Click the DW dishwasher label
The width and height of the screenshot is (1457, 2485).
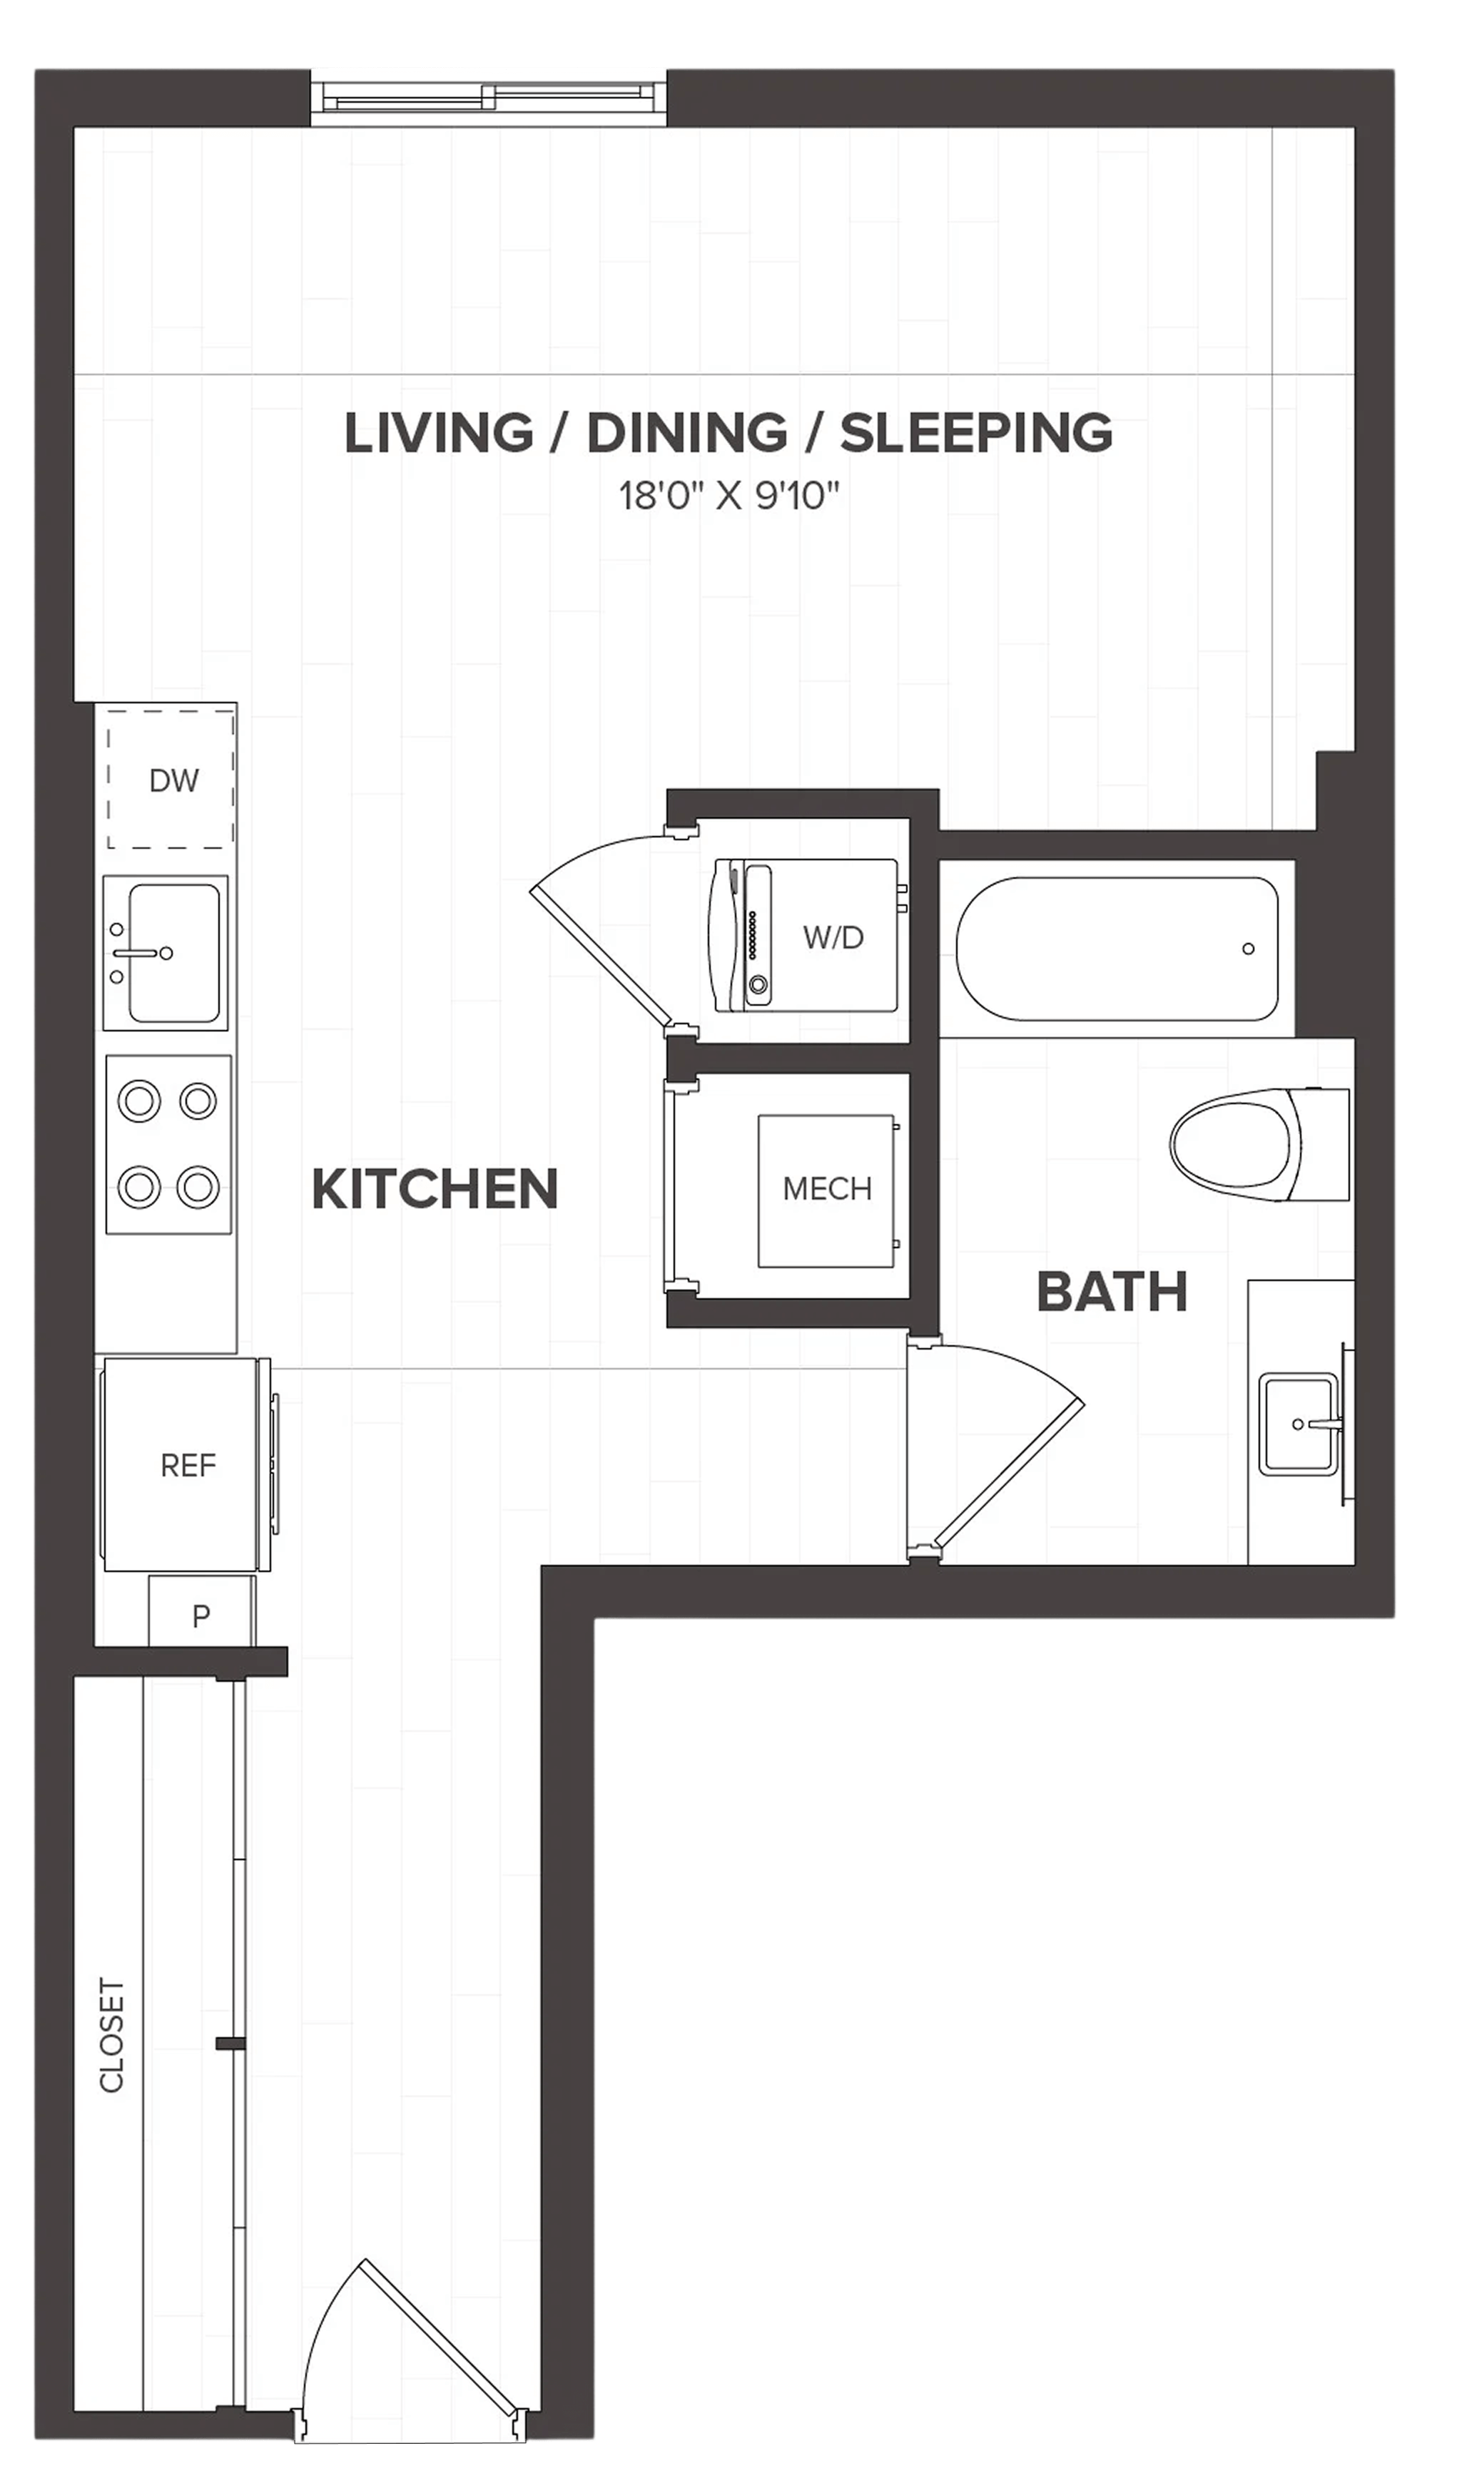(x=173, y=781)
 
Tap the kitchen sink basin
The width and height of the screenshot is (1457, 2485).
(x=173, y=953)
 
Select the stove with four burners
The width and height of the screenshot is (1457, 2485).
(x=168, y=1144)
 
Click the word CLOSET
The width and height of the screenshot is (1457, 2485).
(x=111, y=2034)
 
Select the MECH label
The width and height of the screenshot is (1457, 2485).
(x=827, y=1189)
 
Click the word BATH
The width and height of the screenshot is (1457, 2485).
(x=1112, y=1292)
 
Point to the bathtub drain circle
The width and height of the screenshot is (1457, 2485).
(x=1248, y=949)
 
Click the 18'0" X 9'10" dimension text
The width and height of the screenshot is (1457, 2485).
(x=729, y=495)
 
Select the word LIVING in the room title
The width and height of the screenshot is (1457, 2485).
(x=439, y=434)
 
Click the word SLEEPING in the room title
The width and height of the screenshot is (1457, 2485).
(x=977, y=434)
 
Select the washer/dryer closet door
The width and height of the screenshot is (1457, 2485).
(x=611, y=932)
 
